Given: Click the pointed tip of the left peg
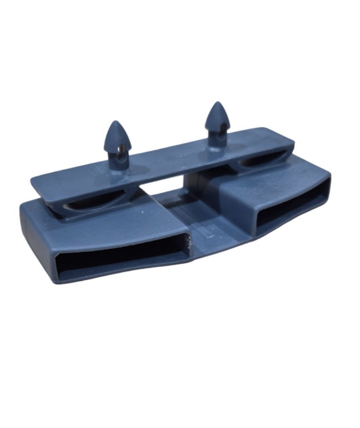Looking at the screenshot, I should point(116,123).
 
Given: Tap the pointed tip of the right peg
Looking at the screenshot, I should point(217,104).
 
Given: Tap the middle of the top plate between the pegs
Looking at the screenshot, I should point(167,160).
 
